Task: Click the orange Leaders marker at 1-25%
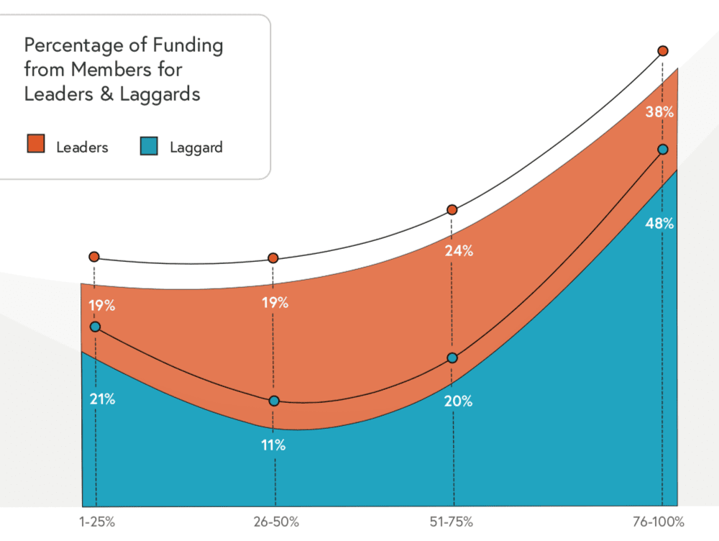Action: pos(94,257)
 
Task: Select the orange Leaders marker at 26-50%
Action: pos(273,258)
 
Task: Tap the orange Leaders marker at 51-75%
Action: pos(452,210)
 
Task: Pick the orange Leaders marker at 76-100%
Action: pos(663,51)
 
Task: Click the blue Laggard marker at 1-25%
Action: pos(95,327)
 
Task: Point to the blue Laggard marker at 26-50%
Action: pos(274,401)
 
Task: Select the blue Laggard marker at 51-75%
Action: pos(452,358)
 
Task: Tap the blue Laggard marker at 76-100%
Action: pos(663,150)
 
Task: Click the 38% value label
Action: pos(659,112)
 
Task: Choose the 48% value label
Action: pos(659,223)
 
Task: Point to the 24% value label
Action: pos(458,251)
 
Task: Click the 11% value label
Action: pos(273,445)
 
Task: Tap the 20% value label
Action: pos(458,401)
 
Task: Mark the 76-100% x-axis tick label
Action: pos(658,522)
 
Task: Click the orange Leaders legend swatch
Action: pos(35,146)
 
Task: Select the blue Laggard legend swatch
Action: pos(149,146)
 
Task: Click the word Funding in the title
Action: pos(188,46)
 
